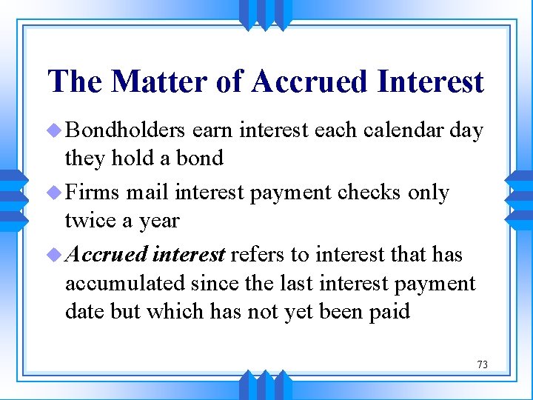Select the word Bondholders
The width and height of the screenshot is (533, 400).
pos(126,131)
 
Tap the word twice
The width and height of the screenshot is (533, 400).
pos(89,220)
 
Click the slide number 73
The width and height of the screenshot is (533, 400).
pos(482,364)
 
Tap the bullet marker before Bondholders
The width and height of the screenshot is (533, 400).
pos(56,131)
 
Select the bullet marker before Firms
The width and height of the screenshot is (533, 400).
pos(56,193)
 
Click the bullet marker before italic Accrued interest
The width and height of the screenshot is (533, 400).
pos(56,255)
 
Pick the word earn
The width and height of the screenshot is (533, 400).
pos(210,131)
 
